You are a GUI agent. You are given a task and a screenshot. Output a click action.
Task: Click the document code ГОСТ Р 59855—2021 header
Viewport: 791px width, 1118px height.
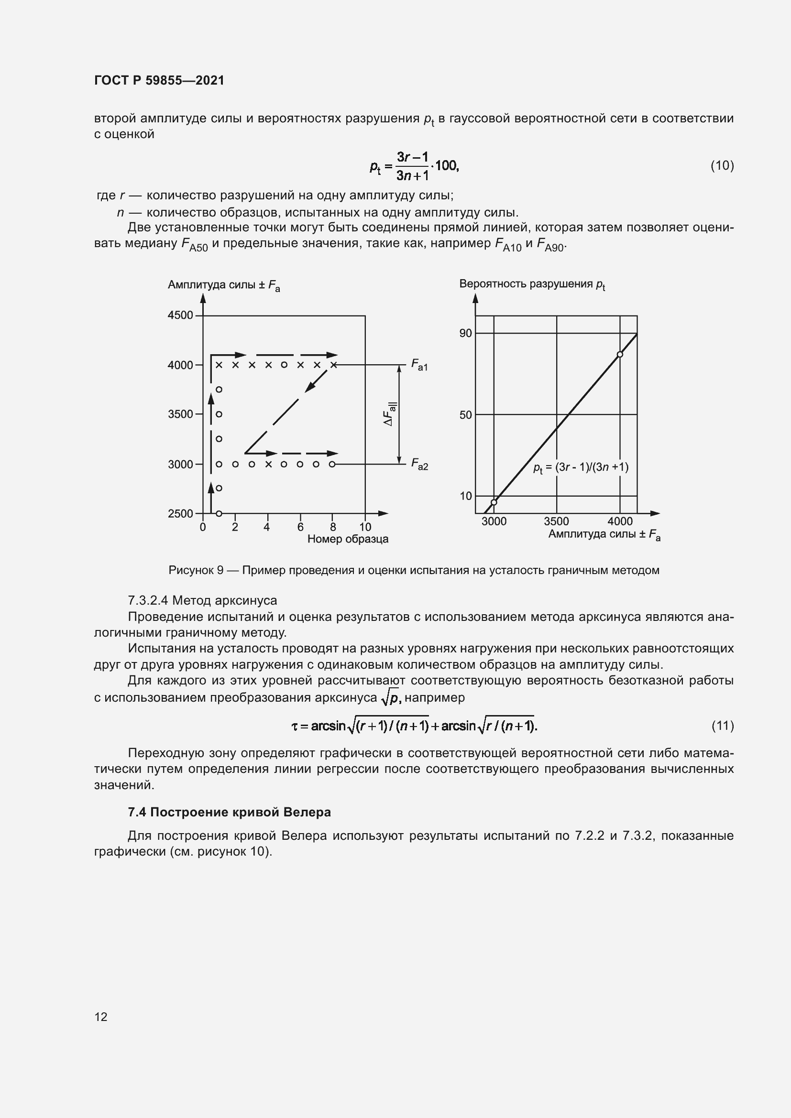(159, 80)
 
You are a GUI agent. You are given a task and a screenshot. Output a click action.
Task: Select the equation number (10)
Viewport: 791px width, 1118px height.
(722, 165)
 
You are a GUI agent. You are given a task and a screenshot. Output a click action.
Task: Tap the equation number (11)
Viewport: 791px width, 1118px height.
(722, 726)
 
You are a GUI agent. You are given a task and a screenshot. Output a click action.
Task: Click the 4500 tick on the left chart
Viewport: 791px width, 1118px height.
(181, 315)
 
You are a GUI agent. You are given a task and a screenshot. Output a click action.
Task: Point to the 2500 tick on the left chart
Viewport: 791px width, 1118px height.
(181, 513)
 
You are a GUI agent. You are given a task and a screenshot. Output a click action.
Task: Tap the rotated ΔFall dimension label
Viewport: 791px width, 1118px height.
(390, 414)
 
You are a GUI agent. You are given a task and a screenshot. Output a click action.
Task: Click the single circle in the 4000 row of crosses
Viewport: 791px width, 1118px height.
(284, 365)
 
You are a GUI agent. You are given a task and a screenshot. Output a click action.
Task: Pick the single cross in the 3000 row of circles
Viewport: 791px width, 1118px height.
(268, 464)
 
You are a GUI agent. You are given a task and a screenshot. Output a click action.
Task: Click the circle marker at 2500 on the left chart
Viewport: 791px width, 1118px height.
(219, 513)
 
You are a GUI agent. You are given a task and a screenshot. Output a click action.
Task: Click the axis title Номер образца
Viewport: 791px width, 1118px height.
(348, 539)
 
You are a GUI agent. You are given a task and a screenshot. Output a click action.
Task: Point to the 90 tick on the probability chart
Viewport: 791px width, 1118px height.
(466, 333)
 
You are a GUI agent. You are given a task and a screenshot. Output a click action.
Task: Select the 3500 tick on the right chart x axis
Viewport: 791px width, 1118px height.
(556, 521)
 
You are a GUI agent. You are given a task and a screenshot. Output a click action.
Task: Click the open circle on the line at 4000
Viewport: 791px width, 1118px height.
(619, 355)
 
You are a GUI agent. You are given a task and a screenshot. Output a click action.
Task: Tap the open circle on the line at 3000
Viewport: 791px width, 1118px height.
(494, 502)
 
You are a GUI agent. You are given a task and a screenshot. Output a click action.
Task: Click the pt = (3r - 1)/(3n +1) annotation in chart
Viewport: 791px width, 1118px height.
(581, 467)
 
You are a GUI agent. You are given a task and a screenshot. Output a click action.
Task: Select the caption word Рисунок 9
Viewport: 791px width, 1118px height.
(196, 570)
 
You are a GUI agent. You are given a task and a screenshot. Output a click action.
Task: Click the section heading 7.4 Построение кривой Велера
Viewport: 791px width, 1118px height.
(229, 812)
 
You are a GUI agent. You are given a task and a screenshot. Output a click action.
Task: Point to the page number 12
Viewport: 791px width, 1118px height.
(101, 1017)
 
